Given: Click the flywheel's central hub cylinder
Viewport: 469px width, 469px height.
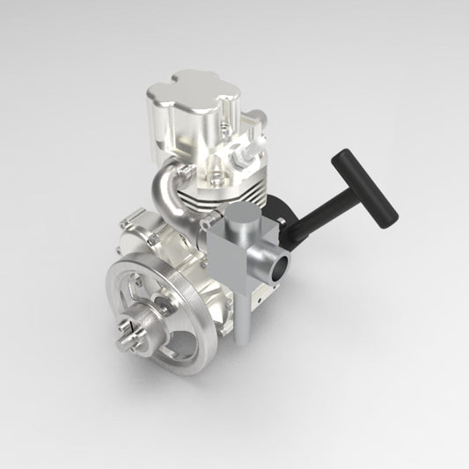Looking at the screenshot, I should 145,326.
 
